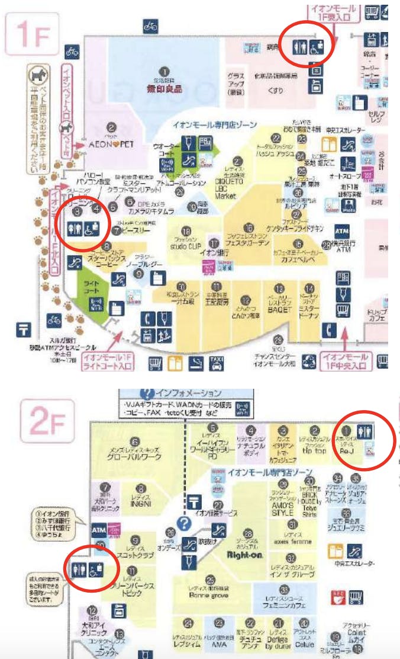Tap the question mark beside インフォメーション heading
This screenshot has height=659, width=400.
tap(146, 394)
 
